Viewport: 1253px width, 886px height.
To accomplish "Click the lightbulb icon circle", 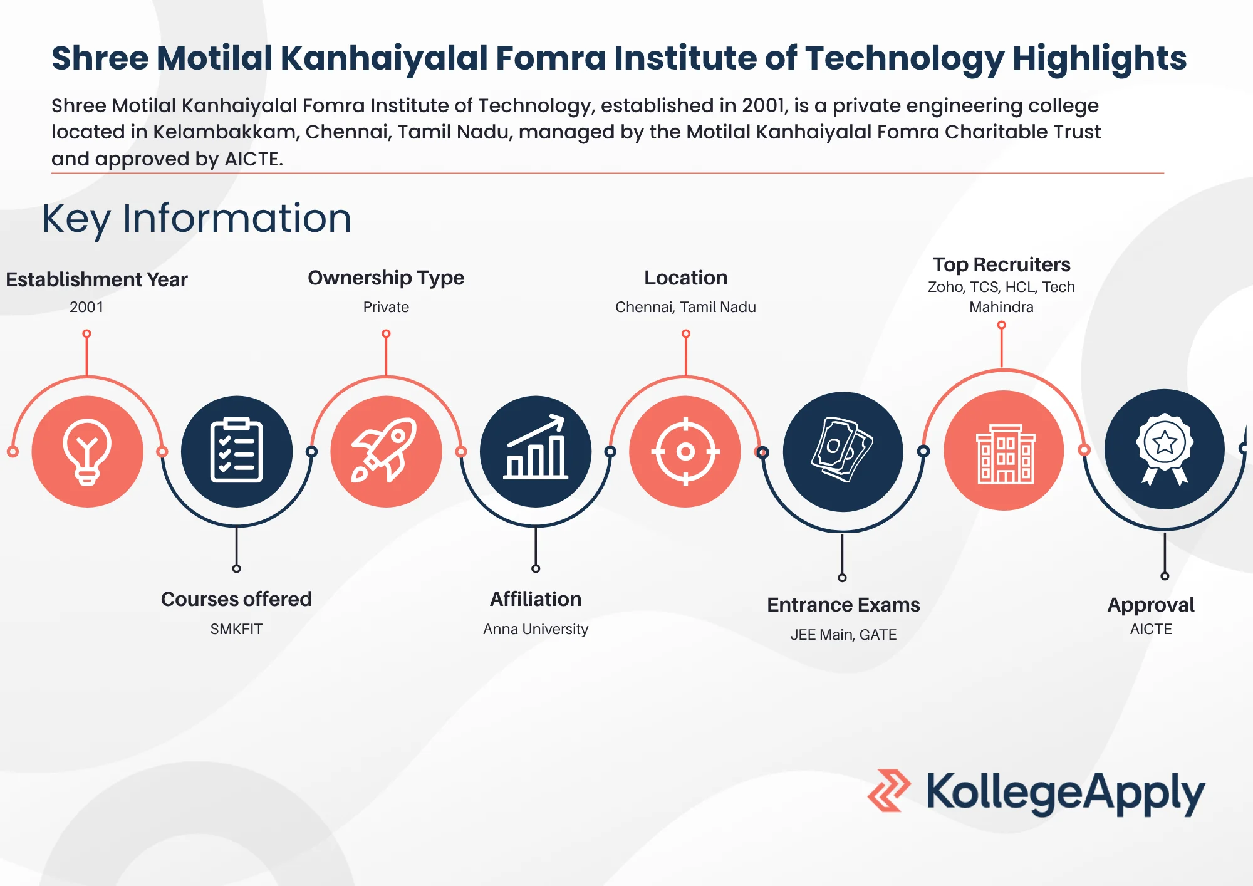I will [x=87, y=451].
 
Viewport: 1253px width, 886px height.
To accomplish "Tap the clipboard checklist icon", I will [x=236, y=451].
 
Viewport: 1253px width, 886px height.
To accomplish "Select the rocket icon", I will [x=386, y=451].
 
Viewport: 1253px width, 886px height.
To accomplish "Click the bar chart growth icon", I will [x=536, y=451].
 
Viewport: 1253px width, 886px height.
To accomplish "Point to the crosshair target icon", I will [x=685, y=451].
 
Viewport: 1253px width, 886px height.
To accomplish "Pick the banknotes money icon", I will [x=843, y=451].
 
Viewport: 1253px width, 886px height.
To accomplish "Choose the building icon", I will [x=1004, y=451].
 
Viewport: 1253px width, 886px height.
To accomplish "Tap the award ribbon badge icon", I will [x=1164, y=449].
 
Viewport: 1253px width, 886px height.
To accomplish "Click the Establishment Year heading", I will [x=96, y=279].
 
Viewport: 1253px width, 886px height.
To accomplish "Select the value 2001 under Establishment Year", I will [x=86, y=307].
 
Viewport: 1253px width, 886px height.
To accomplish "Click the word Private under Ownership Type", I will [x=386, y=307].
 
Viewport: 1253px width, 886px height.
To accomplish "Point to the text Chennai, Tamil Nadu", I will [x=685, y=307].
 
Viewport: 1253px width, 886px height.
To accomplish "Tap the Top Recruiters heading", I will [x=1001, y=264].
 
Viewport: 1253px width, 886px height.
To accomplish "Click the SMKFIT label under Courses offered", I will [x=236, y=629].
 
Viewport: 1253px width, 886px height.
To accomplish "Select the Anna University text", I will [x=536, y=629].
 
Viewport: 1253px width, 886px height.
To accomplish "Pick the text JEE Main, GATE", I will [x=843, y=635].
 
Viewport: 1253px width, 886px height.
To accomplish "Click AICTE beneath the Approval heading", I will [x=1151, y=629].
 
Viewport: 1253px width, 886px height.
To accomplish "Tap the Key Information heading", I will [x=197, y=219].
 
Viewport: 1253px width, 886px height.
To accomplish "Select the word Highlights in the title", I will [x=1100, y=58].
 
